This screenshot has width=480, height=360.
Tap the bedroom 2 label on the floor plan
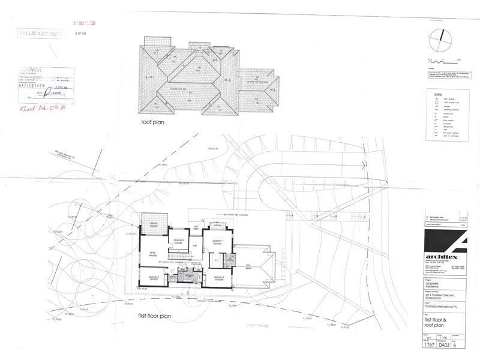(x=218, y=277)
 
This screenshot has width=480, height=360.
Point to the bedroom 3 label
(x=154, y=277)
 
